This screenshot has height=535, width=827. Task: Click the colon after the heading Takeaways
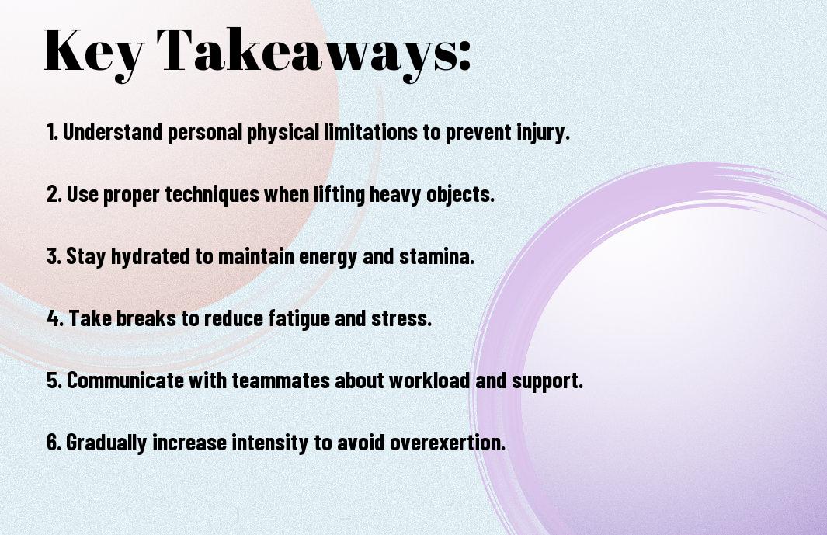464,57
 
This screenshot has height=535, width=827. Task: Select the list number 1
52,132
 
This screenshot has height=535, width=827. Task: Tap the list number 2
54,194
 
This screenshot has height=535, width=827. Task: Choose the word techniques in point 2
212,195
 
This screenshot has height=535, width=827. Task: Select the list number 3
54,256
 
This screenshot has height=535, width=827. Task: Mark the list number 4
55,318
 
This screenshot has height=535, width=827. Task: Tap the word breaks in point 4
146,318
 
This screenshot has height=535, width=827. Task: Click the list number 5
54,380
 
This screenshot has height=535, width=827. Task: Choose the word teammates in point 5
280,380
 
